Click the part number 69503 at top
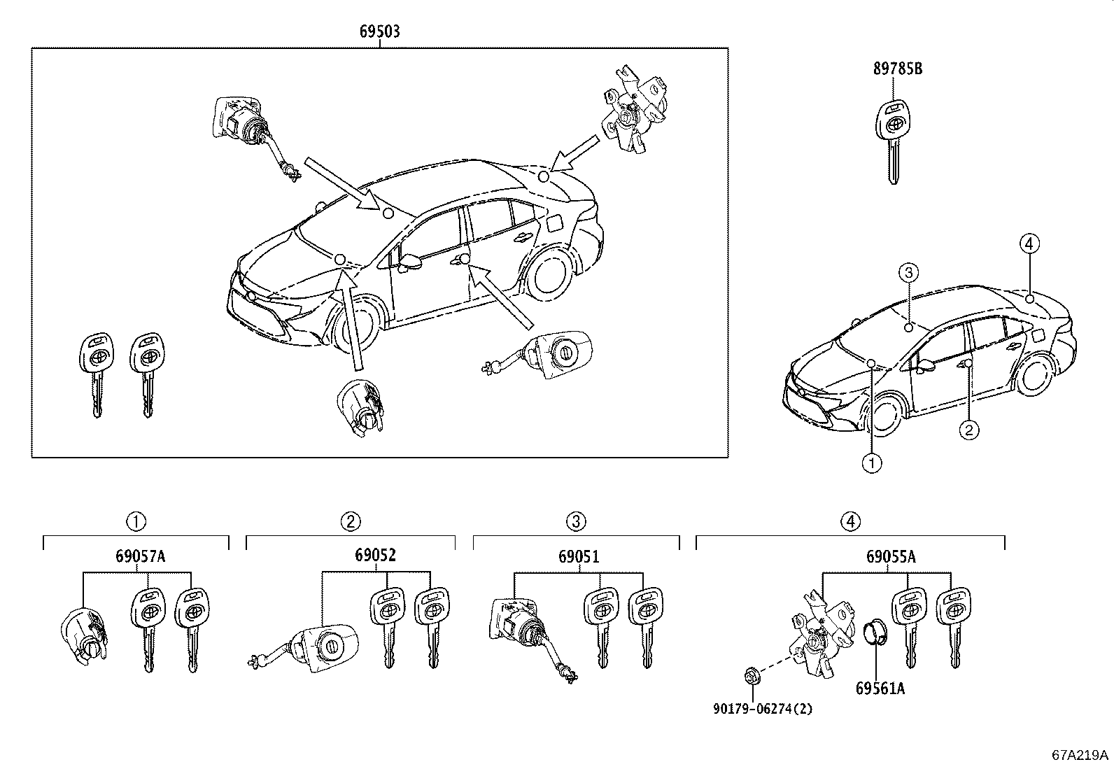380,31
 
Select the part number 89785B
897,69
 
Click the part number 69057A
140,556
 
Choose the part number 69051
579,557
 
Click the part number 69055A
890,557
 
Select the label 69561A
880,689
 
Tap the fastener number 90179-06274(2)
763,708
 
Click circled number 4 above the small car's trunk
1029,244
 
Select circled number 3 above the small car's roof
908,272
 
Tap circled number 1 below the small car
871,463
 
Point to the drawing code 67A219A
1080,756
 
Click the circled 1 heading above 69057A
136,521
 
